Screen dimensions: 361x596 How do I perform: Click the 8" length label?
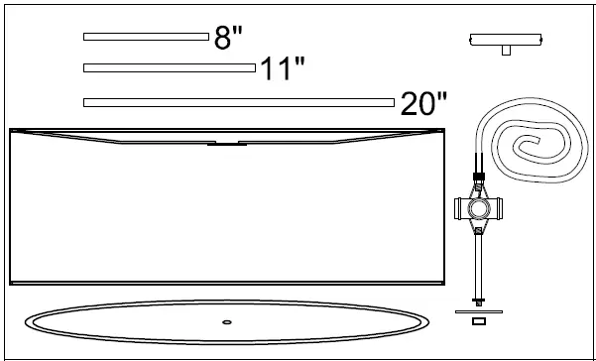pyautogui.click(x=228, y=38)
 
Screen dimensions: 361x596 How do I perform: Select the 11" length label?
pyautogui.click(x=282, y=69)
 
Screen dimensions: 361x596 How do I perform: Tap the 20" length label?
pyautogui.click(x=424, y=103)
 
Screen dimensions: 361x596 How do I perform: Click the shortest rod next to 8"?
pyautogui.click(x=146, y=37)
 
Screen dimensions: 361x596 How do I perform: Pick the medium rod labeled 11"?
pyautogui.click(x=170, y=67)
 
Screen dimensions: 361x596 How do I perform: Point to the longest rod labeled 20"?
pyautogui.click(x=239, y=102)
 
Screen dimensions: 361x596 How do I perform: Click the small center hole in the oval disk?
pyautogui.click(x=227, y=321)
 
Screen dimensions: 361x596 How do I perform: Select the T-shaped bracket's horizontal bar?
pyautogui.click(x=506, y=40)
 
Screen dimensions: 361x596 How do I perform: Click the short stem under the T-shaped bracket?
pyautogui.click(x=506, y=51)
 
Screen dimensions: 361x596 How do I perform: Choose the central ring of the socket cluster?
pyautogui.click(x=479, y=208)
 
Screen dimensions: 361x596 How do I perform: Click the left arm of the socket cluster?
pyautogui.click(x=461, y=208)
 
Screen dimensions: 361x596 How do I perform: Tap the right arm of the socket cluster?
pyautogui.click(x=497, y=208)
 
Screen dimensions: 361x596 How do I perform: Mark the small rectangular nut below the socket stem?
pyautogui.click(x=479, y=322)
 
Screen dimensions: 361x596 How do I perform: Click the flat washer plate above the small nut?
pyautogui.click(x=479, y=311)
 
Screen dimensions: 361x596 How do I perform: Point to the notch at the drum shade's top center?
pyautogui.click(x=227, y=143)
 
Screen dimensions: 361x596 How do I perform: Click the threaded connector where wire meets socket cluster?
pyautogui.click(x=479, y=181)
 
